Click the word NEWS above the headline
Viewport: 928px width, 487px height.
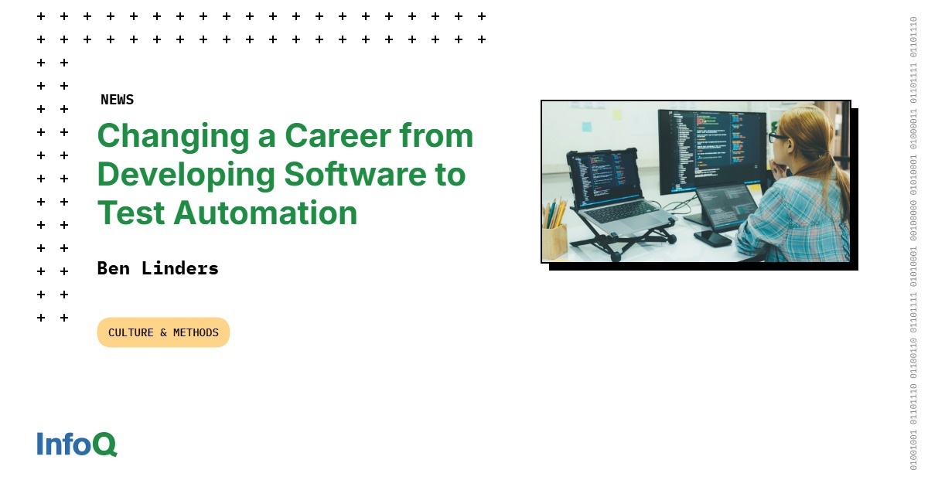pyautogui.click(x=117, y=100)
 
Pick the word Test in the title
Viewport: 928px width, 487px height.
pyautogui.click(x=130, y=213)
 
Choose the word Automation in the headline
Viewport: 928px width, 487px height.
pyautogui.click(x=266, y=213)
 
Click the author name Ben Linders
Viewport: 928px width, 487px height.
pyautogui.click(x=158, y=268)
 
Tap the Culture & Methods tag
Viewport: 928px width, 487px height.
pyautogui.click(x=163, y=332)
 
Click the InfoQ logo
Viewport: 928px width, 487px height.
pyautogui.click(x=77, y=444)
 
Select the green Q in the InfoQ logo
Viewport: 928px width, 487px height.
pyautogui.click(x=105, y=444)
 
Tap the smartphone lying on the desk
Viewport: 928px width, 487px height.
pyautogui.click(x=712, y=238)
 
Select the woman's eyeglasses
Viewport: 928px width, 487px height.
pyautogui.click(x=776, y=137)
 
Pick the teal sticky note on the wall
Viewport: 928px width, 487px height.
pyautogui.click(x=586, y=126)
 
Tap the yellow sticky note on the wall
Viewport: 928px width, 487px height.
pyautogui.click(x=617, y=114)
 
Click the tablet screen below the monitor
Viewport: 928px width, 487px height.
pyautogui.click(x=727, y=205)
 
